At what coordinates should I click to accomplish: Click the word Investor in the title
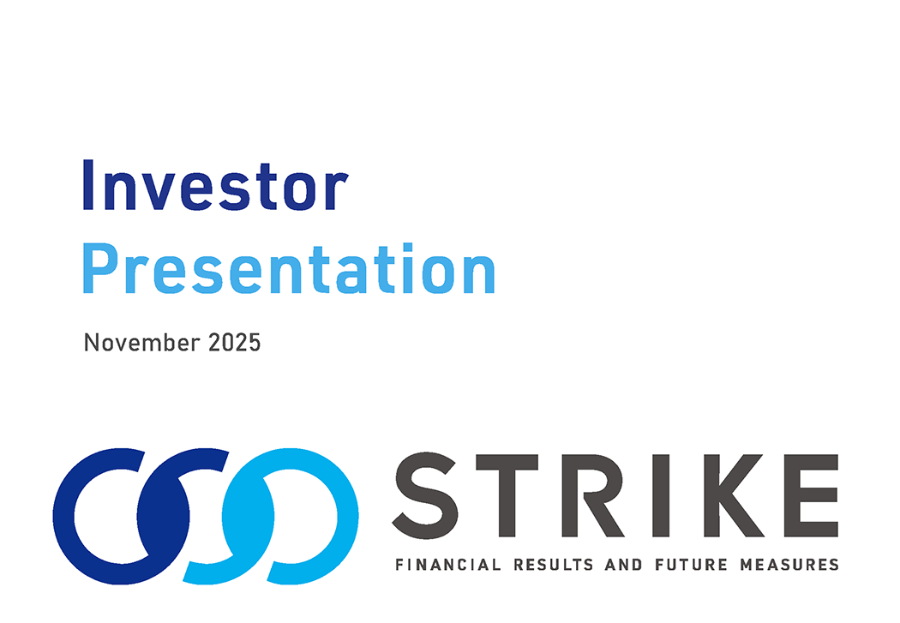[216, 185]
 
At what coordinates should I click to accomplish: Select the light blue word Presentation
[289, 268]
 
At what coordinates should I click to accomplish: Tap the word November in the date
[141, 343]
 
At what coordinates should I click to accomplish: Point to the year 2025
[234, 343]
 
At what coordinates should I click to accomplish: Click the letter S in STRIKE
[425, 495]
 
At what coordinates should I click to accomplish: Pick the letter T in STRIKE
[507, 495]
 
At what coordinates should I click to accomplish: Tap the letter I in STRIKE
[661, 495]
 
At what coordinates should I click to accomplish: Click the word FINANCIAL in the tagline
[448, 565]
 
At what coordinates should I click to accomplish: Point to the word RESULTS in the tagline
[554, 565]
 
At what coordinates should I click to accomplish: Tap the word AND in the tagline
[624, 565]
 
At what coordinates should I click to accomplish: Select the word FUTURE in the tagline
[691, 565]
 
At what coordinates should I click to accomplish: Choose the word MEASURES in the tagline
[789, 565]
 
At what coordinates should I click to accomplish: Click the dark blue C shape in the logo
[63, 516]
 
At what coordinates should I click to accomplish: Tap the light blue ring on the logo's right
[346, 516]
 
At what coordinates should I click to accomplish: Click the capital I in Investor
[88, 185]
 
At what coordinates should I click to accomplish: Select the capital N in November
[91, 343]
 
